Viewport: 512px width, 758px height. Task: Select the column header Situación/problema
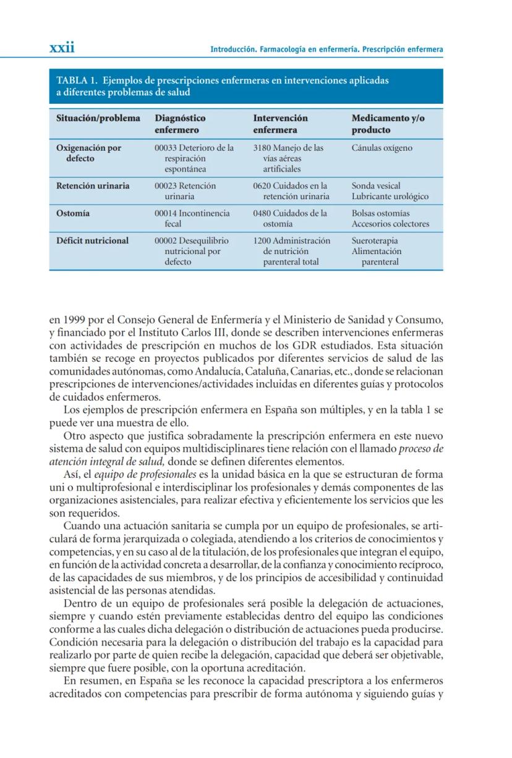pyautogui.click(x=98, y=118)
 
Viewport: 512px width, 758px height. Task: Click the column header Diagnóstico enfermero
pyautogui.click(x=180, y=124)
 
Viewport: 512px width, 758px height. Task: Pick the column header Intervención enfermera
pyautogui.click(x=280, y=124)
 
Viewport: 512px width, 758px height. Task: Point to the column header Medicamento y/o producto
pyautogui.click(x=388, y=124)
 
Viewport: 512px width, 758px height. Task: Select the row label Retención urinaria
pyautogui.click(x=93, y=185)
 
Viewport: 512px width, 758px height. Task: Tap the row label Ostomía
pyautogui.click(x=73, y=213)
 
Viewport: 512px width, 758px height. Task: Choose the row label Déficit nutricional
pyautogui.click(x=92, y=241)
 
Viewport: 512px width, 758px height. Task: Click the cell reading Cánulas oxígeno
pyautogui.click(x=382, y=148)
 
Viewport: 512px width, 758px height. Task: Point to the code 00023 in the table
pyautogui.click(x=165, y=185)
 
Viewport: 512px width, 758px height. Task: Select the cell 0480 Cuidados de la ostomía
pyautogui.click(x=289, y=218)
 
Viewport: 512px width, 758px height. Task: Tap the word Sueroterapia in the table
pyautogui.click(x=375, y=241)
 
